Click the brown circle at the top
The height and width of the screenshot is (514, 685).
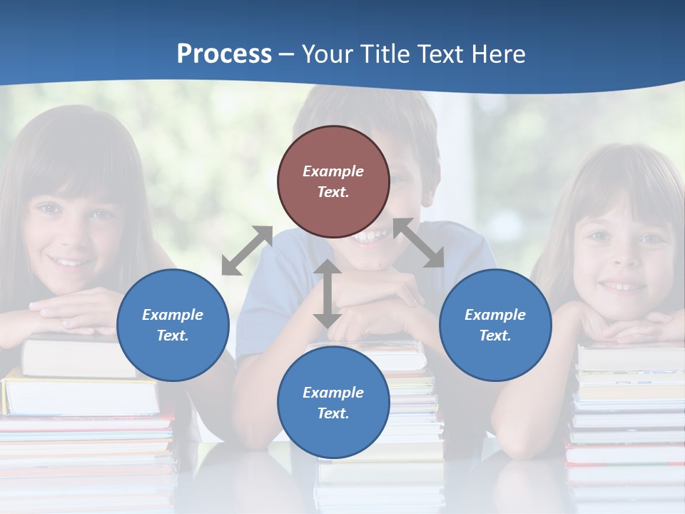pyautogui.click(x=333, y=181)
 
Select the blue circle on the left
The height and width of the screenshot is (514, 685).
pyautogui.click(x=173, y=325)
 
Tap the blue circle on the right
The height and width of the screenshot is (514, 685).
pyautogui.click(x=495, y=325)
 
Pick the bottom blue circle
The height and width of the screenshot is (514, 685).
pyautogui.click(x=333, y=402)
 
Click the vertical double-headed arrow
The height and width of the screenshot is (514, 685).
pyautogui.click(x=328, y=293)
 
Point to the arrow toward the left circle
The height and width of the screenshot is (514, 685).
pyautogui.click(x=247, y=251)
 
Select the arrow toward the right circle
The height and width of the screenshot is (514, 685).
pyautogui.click(x=418, y=243)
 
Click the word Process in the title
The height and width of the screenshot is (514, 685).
pyautogui.click(x=224, y=54)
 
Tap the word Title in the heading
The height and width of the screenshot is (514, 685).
pyautogui.click(x=385, y=54)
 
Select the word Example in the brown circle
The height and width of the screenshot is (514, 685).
pyautogui.click(x=333, y=171)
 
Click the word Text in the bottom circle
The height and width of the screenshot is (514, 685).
pyautogui.click(x=332, y=413)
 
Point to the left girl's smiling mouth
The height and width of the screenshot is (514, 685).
pyautogui.click(x=69, y=262)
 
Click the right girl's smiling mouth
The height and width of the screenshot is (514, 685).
pyautogui.click(x=622, y=286)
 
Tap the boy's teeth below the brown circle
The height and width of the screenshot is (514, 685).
pyautogui.click(x=372, y=234)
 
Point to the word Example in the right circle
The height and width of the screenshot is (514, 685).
pyautogui.click(x=495, y=315)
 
